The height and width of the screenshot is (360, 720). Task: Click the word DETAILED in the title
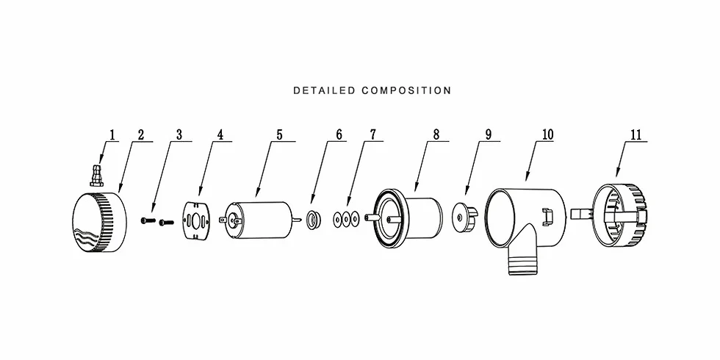[324, 90]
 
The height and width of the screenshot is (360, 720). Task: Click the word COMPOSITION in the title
[406, 90]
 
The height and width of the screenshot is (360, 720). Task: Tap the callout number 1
[112, 135]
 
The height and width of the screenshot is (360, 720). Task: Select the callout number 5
[279, 135]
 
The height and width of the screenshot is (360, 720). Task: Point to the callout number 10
[548, 135]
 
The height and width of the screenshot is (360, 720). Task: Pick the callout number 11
[636, 135]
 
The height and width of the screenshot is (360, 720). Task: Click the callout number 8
[436, 135]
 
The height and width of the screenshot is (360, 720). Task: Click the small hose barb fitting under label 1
[96, 176]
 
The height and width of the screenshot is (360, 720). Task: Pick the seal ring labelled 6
[313, 219]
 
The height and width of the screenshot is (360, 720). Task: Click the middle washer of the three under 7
[346, 219]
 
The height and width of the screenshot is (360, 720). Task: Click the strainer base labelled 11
[619, 216]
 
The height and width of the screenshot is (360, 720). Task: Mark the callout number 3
[179, 135]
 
